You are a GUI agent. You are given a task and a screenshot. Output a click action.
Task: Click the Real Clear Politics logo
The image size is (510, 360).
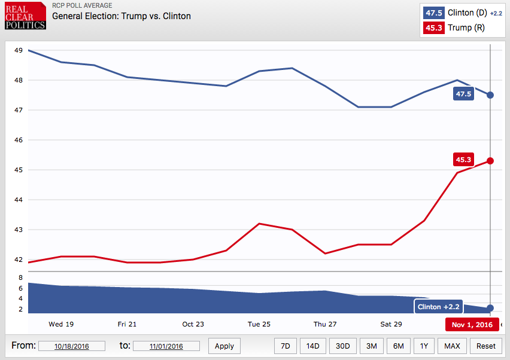pos(25,16)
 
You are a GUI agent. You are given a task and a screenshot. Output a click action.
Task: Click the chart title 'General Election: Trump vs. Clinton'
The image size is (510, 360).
pos(122,16)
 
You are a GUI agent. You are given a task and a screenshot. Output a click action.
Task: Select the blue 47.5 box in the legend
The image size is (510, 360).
pos(433,13)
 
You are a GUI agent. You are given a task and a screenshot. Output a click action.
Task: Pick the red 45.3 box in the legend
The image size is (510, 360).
pos(433,28)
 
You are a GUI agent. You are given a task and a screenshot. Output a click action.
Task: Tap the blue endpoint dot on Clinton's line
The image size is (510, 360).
pos(490,95)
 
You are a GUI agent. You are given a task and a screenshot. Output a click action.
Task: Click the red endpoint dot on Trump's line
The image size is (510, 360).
pos(490,161)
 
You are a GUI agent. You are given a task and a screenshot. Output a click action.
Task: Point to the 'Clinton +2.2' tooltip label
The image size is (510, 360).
pos(438,307)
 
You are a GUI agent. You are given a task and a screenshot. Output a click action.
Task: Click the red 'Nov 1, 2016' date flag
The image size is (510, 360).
pos(472,325)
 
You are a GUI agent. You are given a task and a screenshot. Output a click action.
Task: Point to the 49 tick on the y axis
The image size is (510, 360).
pos(19,50)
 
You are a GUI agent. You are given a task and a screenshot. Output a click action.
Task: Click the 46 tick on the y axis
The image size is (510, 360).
pos(19,140)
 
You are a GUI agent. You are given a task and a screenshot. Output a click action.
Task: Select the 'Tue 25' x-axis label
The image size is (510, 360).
pos(259,324)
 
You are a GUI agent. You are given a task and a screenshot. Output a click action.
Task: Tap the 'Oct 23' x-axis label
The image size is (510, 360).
pos(193,324)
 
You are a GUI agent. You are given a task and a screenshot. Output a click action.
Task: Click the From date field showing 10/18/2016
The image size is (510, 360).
pos(72,346)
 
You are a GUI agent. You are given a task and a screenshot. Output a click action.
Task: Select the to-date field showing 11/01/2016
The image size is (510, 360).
pos(166,346)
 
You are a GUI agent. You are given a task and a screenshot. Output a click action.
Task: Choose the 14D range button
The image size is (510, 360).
pos(313,346)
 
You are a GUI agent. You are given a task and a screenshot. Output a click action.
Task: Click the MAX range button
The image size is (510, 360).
pos(452,346)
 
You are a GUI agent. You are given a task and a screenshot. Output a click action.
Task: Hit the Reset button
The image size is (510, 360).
pos(486,346)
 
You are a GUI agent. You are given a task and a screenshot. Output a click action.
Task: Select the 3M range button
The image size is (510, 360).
pos(372,346)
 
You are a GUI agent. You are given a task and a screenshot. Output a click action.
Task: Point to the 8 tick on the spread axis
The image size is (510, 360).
pos(20,278)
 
